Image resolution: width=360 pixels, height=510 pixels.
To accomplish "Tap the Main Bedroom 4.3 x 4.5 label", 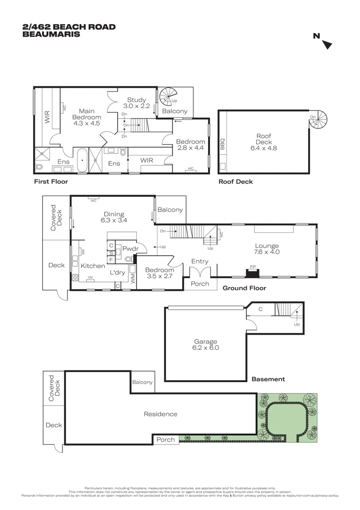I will point(86,117).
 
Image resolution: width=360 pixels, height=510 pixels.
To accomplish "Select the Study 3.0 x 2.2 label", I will point(138,103).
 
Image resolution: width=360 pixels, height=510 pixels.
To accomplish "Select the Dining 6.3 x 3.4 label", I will point(114,217).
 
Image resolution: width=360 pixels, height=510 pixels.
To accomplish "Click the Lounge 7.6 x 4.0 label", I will point(267,248).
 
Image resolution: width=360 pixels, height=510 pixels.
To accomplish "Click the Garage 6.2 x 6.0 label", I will point(206,345).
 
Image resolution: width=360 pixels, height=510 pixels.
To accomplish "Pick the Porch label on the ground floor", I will point(200,284).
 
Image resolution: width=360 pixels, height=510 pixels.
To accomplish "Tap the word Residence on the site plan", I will point(160,414).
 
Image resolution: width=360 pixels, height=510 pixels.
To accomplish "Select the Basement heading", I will point(268,379).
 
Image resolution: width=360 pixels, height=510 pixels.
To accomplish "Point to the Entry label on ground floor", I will point(200,261).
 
